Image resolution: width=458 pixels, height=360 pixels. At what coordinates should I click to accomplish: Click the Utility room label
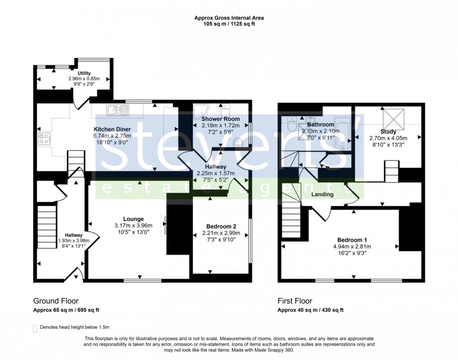point(84,73)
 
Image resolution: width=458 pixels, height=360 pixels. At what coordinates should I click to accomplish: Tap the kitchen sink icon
point(117,109)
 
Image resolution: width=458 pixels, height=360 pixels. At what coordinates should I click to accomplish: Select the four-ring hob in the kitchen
point(45,139)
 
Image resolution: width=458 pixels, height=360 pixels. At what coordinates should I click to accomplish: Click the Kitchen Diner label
point(111,129)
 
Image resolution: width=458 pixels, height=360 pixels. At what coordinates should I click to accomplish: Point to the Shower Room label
point(220,119)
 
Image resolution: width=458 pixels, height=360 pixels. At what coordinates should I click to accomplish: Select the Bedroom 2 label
point(221,227)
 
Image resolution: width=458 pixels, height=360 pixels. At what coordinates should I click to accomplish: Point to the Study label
point(388,132)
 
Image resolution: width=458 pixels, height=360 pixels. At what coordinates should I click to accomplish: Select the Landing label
point(322,195)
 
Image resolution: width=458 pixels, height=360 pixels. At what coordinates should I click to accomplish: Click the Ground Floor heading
point(56,301)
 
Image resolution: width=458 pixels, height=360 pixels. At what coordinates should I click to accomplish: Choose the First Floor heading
point(295,301)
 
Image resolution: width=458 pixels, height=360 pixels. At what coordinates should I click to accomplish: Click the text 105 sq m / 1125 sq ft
point(229,24)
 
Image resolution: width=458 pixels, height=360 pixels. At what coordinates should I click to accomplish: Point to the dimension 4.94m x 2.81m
point(352,246)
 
